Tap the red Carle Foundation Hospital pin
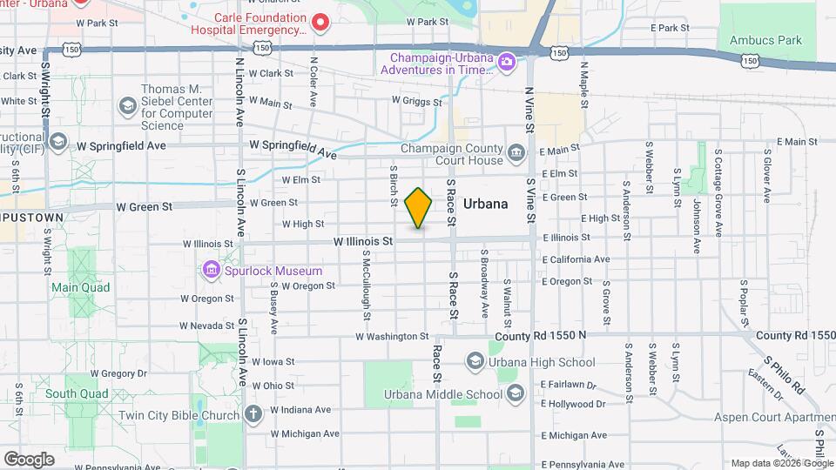[x=320, y=22]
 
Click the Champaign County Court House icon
[x=516, y=154]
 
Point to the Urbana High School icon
[x=475, y=361]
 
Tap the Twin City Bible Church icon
[x=253, y=414]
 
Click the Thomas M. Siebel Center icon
[x=128, y=106]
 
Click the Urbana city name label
[x=485, y=204]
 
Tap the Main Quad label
[x=80, y=287]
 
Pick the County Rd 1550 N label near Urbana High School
[x=541, y=335]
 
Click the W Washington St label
[x=392, y=336]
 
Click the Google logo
[x=29, y=459]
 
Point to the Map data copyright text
[x=781, y=463]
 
